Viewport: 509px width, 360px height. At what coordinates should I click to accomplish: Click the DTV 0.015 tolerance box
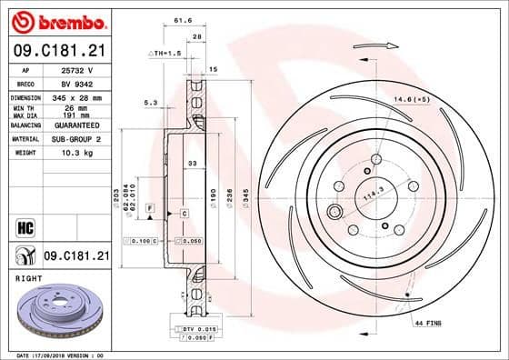(193, 328)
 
